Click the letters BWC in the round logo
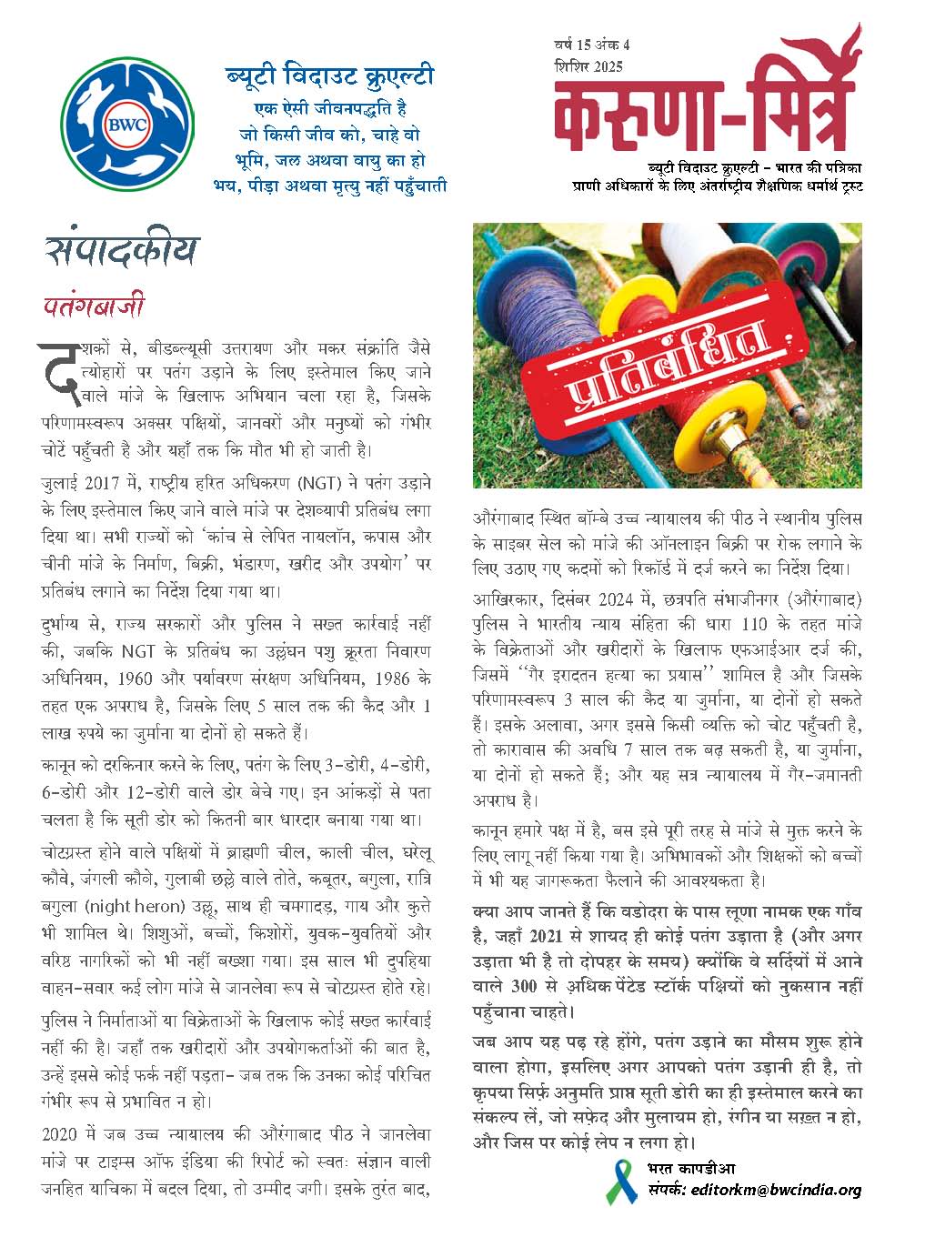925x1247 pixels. pos(128,127)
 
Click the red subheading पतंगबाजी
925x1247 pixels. pos(94,306)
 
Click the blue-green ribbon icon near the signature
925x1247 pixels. pos(623,1180)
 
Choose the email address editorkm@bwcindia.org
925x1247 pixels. pos(776,1189)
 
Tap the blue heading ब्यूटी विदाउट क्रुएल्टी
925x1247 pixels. pos(329,75)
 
